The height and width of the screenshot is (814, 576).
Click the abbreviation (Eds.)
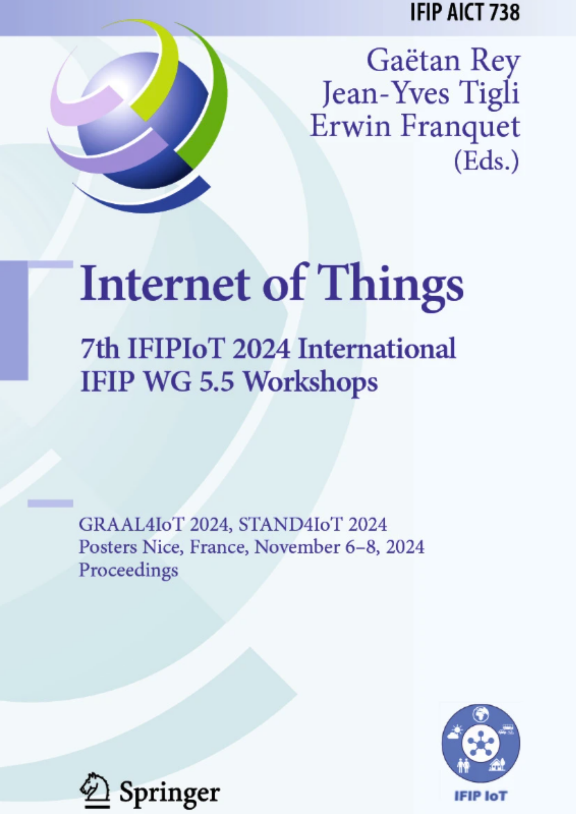[487, 161]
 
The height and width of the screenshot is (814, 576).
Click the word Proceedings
[128, 570]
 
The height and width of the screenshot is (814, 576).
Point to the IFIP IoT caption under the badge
[481, 796]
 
